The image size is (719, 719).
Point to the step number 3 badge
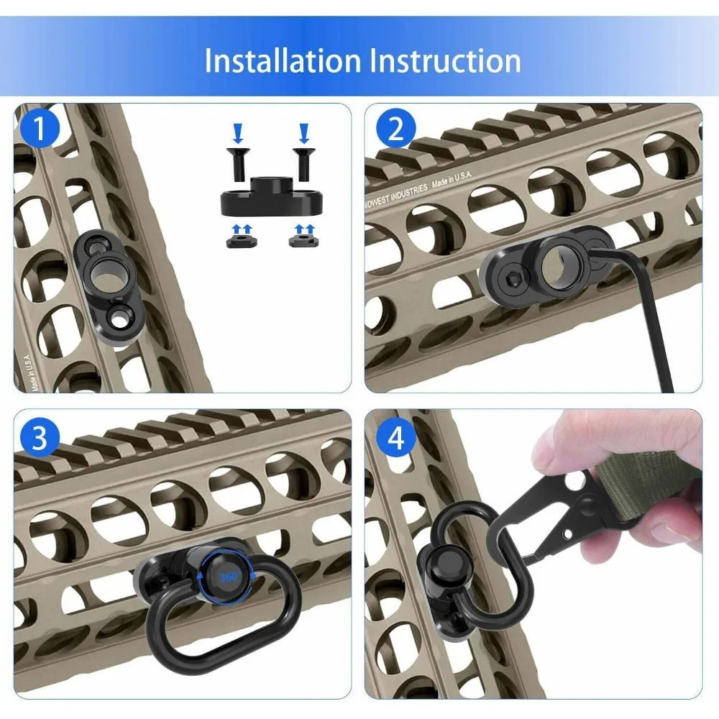[39, 439]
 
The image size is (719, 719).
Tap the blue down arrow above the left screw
[237, 132]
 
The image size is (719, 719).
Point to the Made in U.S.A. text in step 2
[452, 177]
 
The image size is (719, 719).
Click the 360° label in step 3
[231, 576]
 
